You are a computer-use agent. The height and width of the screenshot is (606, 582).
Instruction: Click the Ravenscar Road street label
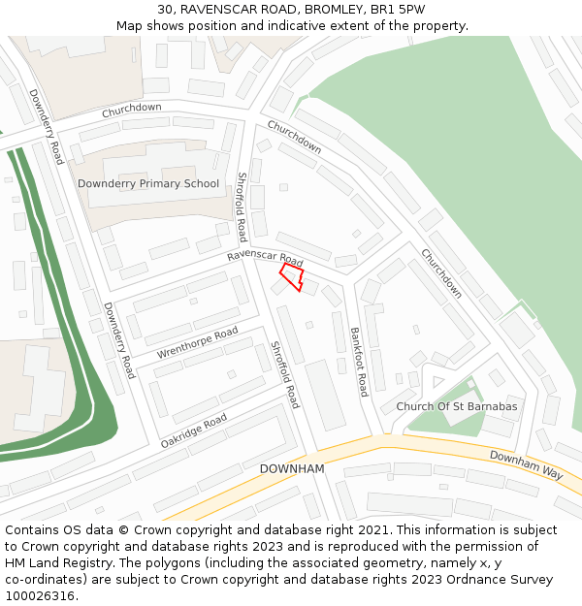tap(265, 259)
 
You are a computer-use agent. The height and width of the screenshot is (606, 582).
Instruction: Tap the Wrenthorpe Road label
tap(197, 342)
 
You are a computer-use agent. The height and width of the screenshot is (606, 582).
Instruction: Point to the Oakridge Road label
tap(194, 431)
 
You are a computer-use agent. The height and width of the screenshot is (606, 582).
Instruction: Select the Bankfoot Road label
tap(359, 361)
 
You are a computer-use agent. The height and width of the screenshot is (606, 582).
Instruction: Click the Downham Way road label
tap(526, 464)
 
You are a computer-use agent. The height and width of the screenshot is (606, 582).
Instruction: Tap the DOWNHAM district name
tap(291, 468)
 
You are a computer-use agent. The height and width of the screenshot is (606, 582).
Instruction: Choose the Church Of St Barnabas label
tap(456, 406)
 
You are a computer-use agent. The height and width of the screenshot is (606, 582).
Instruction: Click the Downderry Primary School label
tap(148, 183)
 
